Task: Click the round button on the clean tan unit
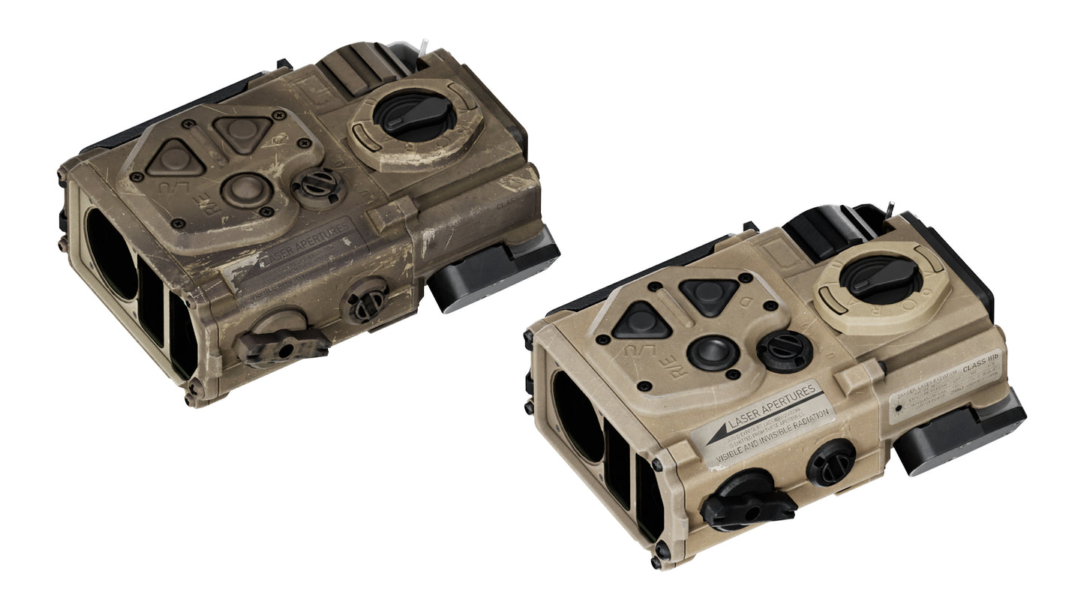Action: pyautogui.click(x=710, y=352)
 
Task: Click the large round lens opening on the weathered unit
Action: pyautogui.click(x=111, y=254)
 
